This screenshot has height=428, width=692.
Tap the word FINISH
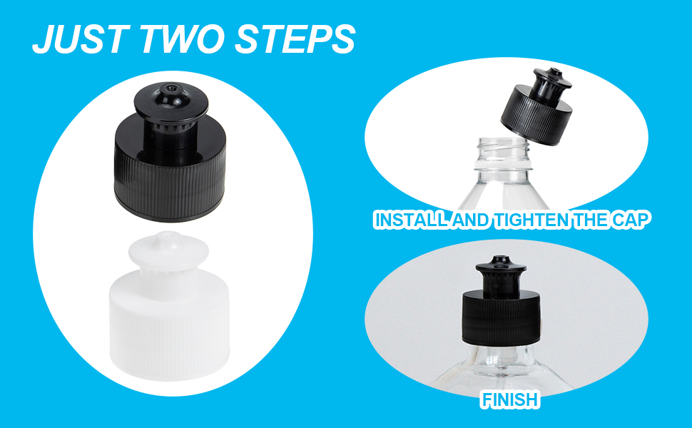coord(509,399)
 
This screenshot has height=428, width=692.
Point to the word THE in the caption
coord(591,220)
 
